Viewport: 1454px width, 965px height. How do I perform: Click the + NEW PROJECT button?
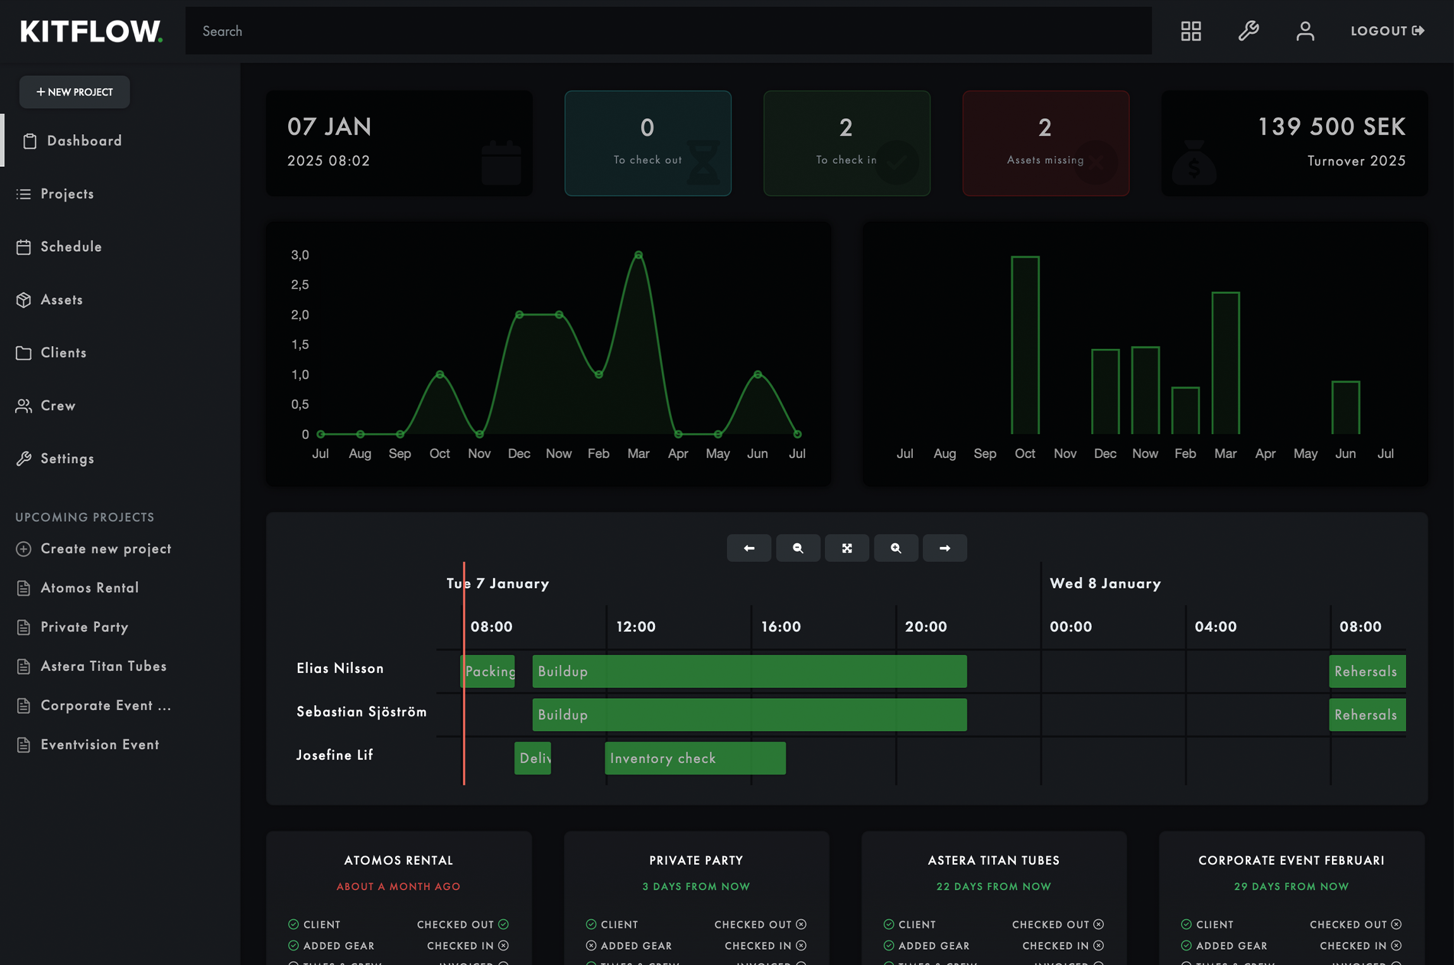click(x=75, y=92)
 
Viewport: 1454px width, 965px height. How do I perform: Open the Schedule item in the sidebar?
click(x=71, y=247)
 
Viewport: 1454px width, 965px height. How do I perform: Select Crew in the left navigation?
click(x=58, y=406)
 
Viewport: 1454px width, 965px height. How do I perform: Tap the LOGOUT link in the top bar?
click(x=1387, y=31)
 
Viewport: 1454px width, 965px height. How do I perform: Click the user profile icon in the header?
click(x=1305, y=31)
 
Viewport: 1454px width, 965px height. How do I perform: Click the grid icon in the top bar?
click(x=1190, y=31)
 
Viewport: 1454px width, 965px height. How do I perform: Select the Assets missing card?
click(x=1045, y=144)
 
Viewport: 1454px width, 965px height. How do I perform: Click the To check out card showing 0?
click(x=647, y=144)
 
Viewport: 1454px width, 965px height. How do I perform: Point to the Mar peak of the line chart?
click(x=638, y=255)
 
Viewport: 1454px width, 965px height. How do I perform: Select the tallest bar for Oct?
click(x=1025, y=345)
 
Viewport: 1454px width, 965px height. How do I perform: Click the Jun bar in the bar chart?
click(x=1345, y=407)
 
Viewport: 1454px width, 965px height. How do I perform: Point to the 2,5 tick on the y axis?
click(x=300, y=285)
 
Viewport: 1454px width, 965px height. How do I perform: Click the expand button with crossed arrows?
click(x=846, y=548)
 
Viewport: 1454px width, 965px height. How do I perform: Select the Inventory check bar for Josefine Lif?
click(x=695, y=758)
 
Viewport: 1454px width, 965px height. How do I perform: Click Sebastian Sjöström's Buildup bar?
click(x=749, y=715)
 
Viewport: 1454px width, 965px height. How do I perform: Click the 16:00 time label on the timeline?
click(x=781, y=627)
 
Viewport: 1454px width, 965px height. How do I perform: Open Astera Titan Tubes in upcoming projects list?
click(x=104, y=667)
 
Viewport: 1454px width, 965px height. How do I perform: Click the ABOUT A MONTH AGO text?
click(x=398, y=887)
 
